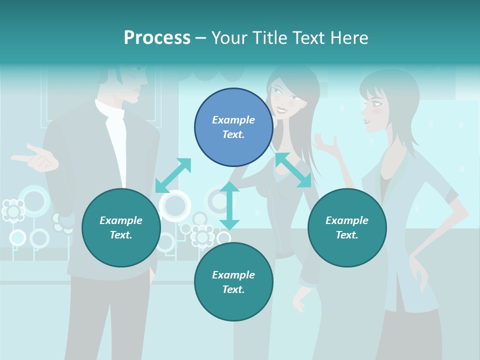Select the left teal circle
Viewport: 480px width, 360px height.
tap(121, 227)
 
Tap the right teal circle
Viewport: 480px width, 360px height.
tap(347, 227)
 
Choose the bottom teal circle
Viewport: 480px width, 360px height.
tap(233, 281)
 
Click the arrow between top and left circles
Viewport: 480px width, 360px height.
tap(173, 175)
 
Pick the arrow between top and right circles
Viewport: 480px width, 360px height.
tap(293, 170)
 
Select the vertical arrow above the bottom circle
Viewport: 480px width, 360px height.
tap(229, 205)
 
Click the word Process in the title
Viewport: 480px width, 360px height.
tap(157, 38)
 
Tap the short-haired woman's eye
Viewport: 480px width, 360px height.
tap(376, 104)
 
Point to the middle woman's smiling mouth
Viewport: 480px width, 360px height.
tap(282, 109)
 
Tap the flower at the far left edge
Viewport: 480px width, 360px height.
tap(13, 210)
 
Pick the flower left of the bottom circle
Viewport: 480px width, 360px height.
tap(202, 236)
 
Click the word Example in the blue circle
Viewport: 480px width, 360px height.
tap(233, 120)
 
